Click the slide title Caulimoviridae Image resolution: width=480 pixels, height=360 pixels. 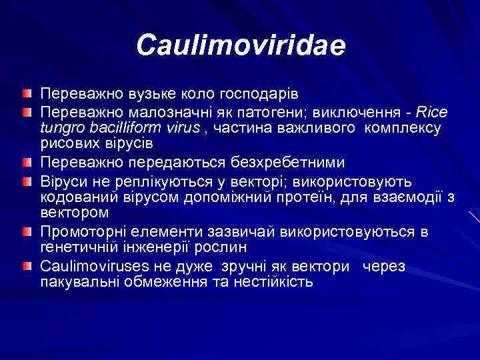pyautogui.click(x=241, y=46)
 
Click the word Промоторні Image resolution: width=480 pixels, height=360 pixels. pyautogui.click(x=80, y=232)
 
